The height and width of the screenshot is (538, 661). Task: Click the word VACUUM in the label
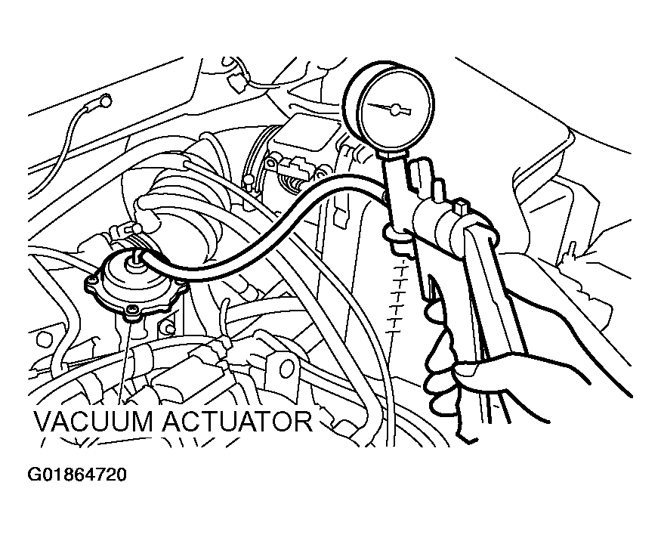tap(93, 421)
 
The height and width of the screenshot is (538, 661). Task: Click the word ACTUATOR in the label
tap(237, 421)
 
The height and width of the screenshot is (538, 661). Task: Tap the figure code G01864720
tap(77, 475)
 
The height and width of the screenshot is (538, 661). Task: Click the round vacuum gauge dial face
tap(389, 110)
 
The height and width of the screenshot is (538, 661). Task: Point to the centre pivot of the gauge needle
tap(395, 110)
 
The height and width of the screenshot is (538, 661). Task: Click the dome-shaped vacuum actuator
tap(136, 286)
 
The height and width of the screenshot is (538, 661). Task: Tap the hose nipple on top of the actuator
tap(136, 258)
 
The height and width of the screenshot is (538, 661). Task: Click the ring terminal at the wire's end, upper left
tap(106, 100)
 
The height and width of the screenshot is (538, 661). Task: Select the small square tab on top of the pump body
tap(460, 206)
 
